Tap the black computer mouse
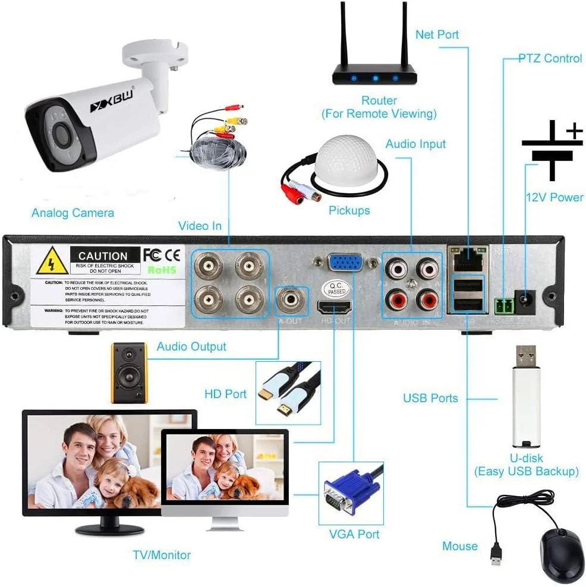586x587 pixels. [x=562, y=555]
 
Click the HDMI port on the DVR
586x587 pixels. [x=334, y=307]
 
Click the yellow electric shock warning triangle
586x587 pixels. [x=52, y=261]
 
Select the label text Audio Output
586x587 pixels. [x=191, y=346]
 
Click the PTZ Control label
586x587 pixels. [x=550, y=58]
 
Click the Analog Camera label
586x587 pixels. [x=73, y=213]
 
